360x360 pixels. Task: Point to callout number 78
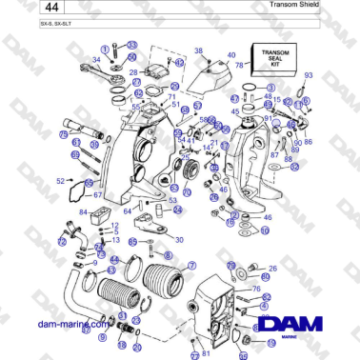point(240,65)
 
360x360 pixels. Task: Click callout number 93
point(309,73)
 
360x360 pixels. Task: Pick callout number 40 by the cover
point(230,55)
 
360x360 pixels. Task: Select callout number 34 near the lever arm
point(96,59)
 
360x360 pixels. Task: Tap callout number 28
point(133,71)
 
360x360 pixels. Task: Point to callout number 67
point(97,195)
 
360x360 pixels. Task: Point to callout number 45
point(234,111)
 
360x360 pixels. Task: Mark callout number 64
point(128,211)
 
